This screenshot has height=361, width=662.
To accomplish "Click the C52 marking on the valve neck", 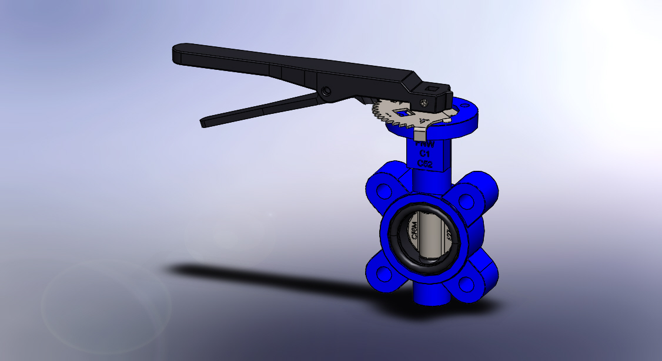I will point(424,164).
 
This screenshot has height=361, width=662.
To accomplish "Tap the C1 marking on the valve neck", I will point(425,153).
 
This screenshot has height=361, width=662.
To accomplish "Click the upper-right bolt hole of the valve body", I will point(467,201).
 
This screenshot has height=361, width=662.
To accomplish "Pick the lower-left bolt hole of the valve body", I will point(385,274).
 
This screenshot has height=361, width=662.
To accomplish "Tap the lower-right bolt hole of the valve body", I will point(467,284).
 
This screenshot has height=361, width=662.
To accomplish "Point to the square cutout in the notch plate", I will point(403,112).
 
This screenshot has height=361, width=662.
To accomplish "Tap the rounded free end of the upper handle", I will point(179,54).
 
